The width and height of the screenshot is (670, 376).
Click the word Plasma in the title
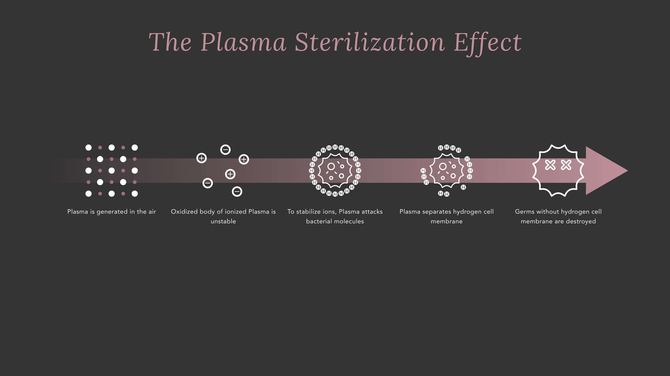coord(243,43)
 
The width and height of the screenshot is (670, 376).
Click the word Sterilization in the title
coord(370,43)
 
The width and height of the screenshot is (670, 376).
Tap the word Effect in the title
coord(487,43)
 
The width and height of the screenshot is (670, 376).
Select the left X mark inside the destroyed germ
coord(550,165)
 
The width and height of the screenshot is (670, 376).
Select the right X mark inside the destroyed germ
coord(566,165)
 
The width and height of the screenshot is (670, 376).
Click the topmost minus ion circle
coord(225,150)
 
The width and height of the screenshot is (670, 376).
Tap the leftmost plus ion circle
coord(201,158)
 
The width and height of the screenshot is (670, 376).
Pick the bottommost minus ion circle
coord(237,192)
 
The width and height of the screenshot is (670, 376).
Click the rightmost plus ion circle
coord(244,160)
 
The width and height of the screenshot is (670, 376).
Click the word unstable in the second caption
coord(223,221)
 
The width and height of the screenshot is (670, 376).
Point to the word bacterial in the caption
coord(318,221)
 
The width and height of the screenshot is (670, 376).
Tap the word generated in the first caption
coord(112,212)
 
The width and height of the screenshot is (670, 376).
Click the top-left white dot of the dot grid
coord(88,148)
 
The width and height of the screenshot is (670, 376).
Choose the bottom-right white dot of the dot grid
coord(135,193)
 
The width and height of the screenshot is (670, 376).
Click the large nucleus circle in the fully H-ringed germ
coord(331,167)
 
